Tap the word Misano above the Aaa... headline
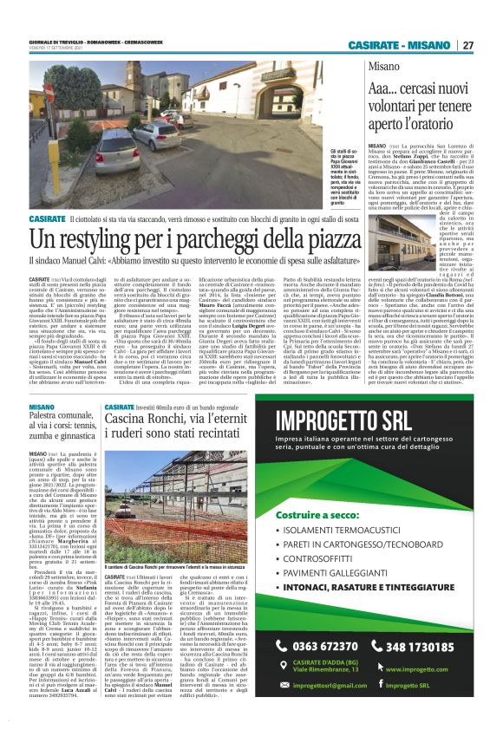[x=383, y=67]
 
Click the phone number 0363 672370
[x=330, y=646]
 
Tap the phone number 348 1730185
[x=428, y=646]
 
